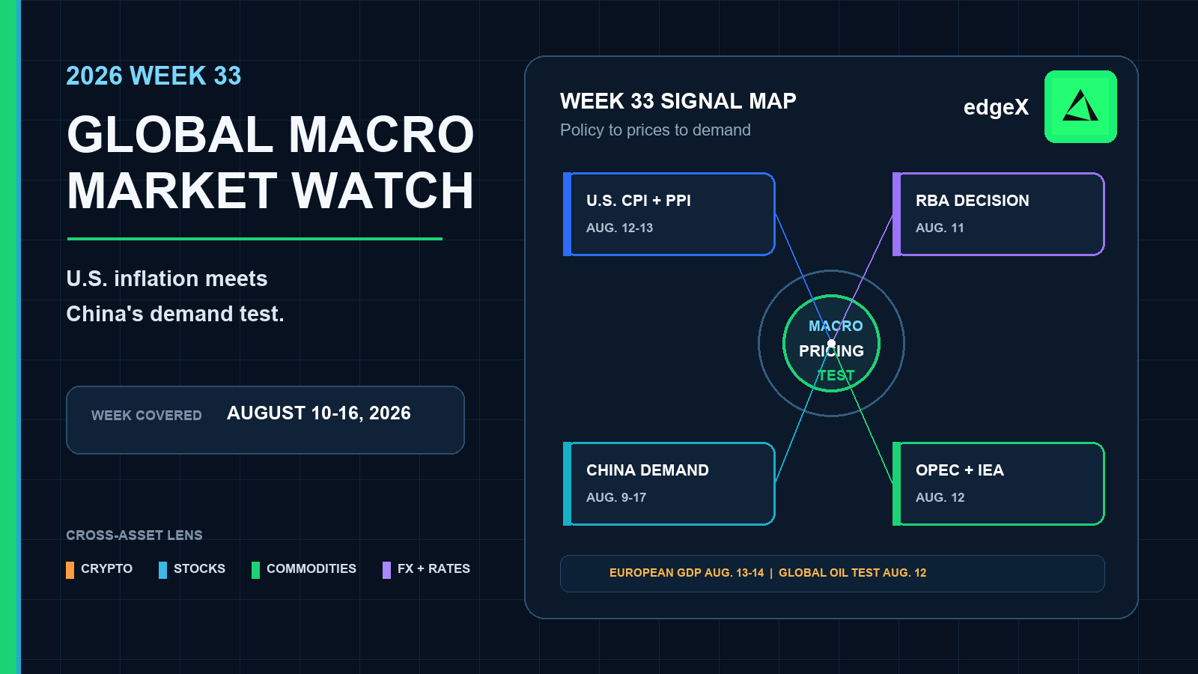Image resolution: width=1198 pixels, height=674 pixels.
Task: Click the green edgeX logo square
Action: tap(1080, 106)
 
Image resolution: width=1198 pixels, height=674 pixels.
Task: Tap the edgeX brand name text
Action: tap(996, 107)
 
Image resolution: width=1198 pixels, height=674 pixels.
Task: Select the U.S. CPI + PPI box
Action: tap(669, 214)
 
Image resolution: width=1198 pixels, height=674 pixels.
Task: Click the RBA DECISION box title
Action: tap(973, 201)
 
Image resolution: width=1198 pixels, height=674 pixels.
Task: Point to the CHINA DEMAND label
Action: tap(647, 470)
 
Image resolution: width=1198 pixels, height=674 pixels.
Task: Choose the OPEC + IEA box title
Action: tap(959, 470)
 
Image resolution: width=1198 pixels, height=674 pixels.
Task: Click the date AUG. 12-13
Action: tap(619, 228)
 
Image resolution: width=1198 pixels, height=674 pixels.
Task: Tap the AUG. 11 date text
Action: tap(940, 228)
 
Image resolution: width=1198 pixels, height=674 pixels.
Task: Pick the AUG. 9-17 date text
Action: tap(616, 497)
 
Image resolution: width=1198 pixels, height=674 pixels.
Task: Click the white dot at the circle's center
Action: tap(831, 344)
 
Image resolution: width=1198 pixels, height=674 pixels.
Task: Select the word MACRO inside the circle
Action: tap(836, 326)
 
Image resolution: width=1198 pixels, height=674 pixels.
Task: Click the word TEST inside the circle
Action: tap(836, 375)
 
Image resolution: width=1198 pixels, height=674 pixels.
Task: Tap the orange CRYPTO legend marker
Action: tap(70, 570)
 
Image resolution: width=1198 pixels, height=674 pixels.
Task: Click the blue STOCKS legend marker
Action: tap(162, 570)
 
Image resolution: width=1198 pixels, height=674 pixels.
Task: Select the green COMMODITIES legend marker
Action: tap(255, 570)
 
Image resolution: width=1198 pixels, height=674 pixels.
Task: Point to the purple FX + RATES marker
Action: tap(386, 570)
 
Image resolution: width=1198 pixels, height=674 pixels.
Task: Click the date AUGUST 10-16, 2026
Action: tap(319, 413)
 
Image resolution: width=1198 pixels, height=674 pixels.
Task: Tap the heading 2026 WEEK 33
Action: tap(153, 76)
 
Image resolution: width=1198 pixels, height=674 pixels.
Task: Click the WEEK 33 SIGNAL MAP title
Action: tap(678, 101)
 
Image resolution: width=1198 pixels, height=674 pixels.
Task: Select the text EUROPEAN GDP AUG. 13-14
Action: tap(687, 573)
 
